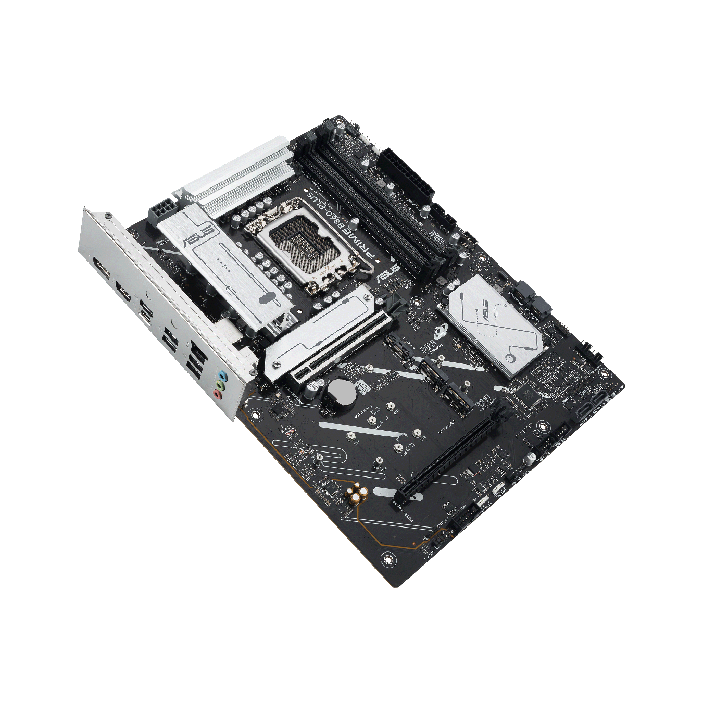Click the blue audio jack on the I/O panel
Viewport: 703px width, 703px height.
[x=223, y=375]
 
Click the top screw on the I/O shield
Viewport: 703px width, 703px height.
[x=108, y=214]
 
